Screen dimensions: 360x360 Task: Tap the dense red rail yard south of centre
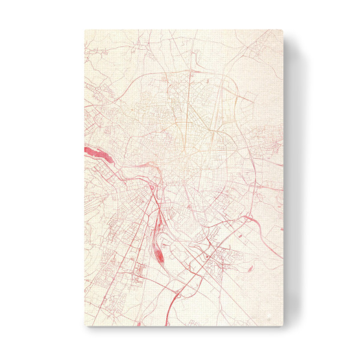(x=158, y=256)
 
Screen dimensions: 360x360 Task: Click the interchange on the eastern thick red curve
(x=248, y=218)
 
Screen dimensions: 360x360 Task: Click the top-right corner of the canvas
(x=283, y=29)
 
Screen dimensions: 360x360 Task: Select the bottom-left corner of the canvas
(x=85, y=327)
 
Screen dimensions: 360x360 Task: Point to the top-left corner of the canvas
(x=85, y=29)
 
